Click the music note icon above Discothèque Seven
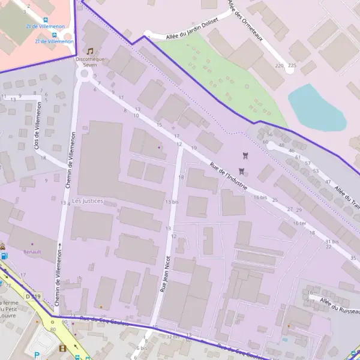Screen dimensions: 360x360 91,52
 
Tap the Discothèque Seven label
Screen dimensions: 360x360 91,62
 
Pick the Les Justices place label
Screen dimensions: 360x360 88,200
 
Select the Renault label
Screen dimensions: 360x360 32,252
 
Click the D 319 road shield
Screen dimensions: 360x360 33,296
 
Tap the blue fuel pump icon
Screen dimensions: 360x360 5,256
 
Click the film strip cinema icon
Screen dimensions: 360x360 62,348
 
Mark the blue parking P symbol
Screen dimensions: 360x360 37,355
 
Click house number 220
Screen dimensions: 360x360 278,65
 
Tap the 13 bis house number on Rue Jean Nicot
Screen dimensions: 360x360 172,202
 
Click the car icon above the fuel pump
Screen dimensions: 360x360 3,246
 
